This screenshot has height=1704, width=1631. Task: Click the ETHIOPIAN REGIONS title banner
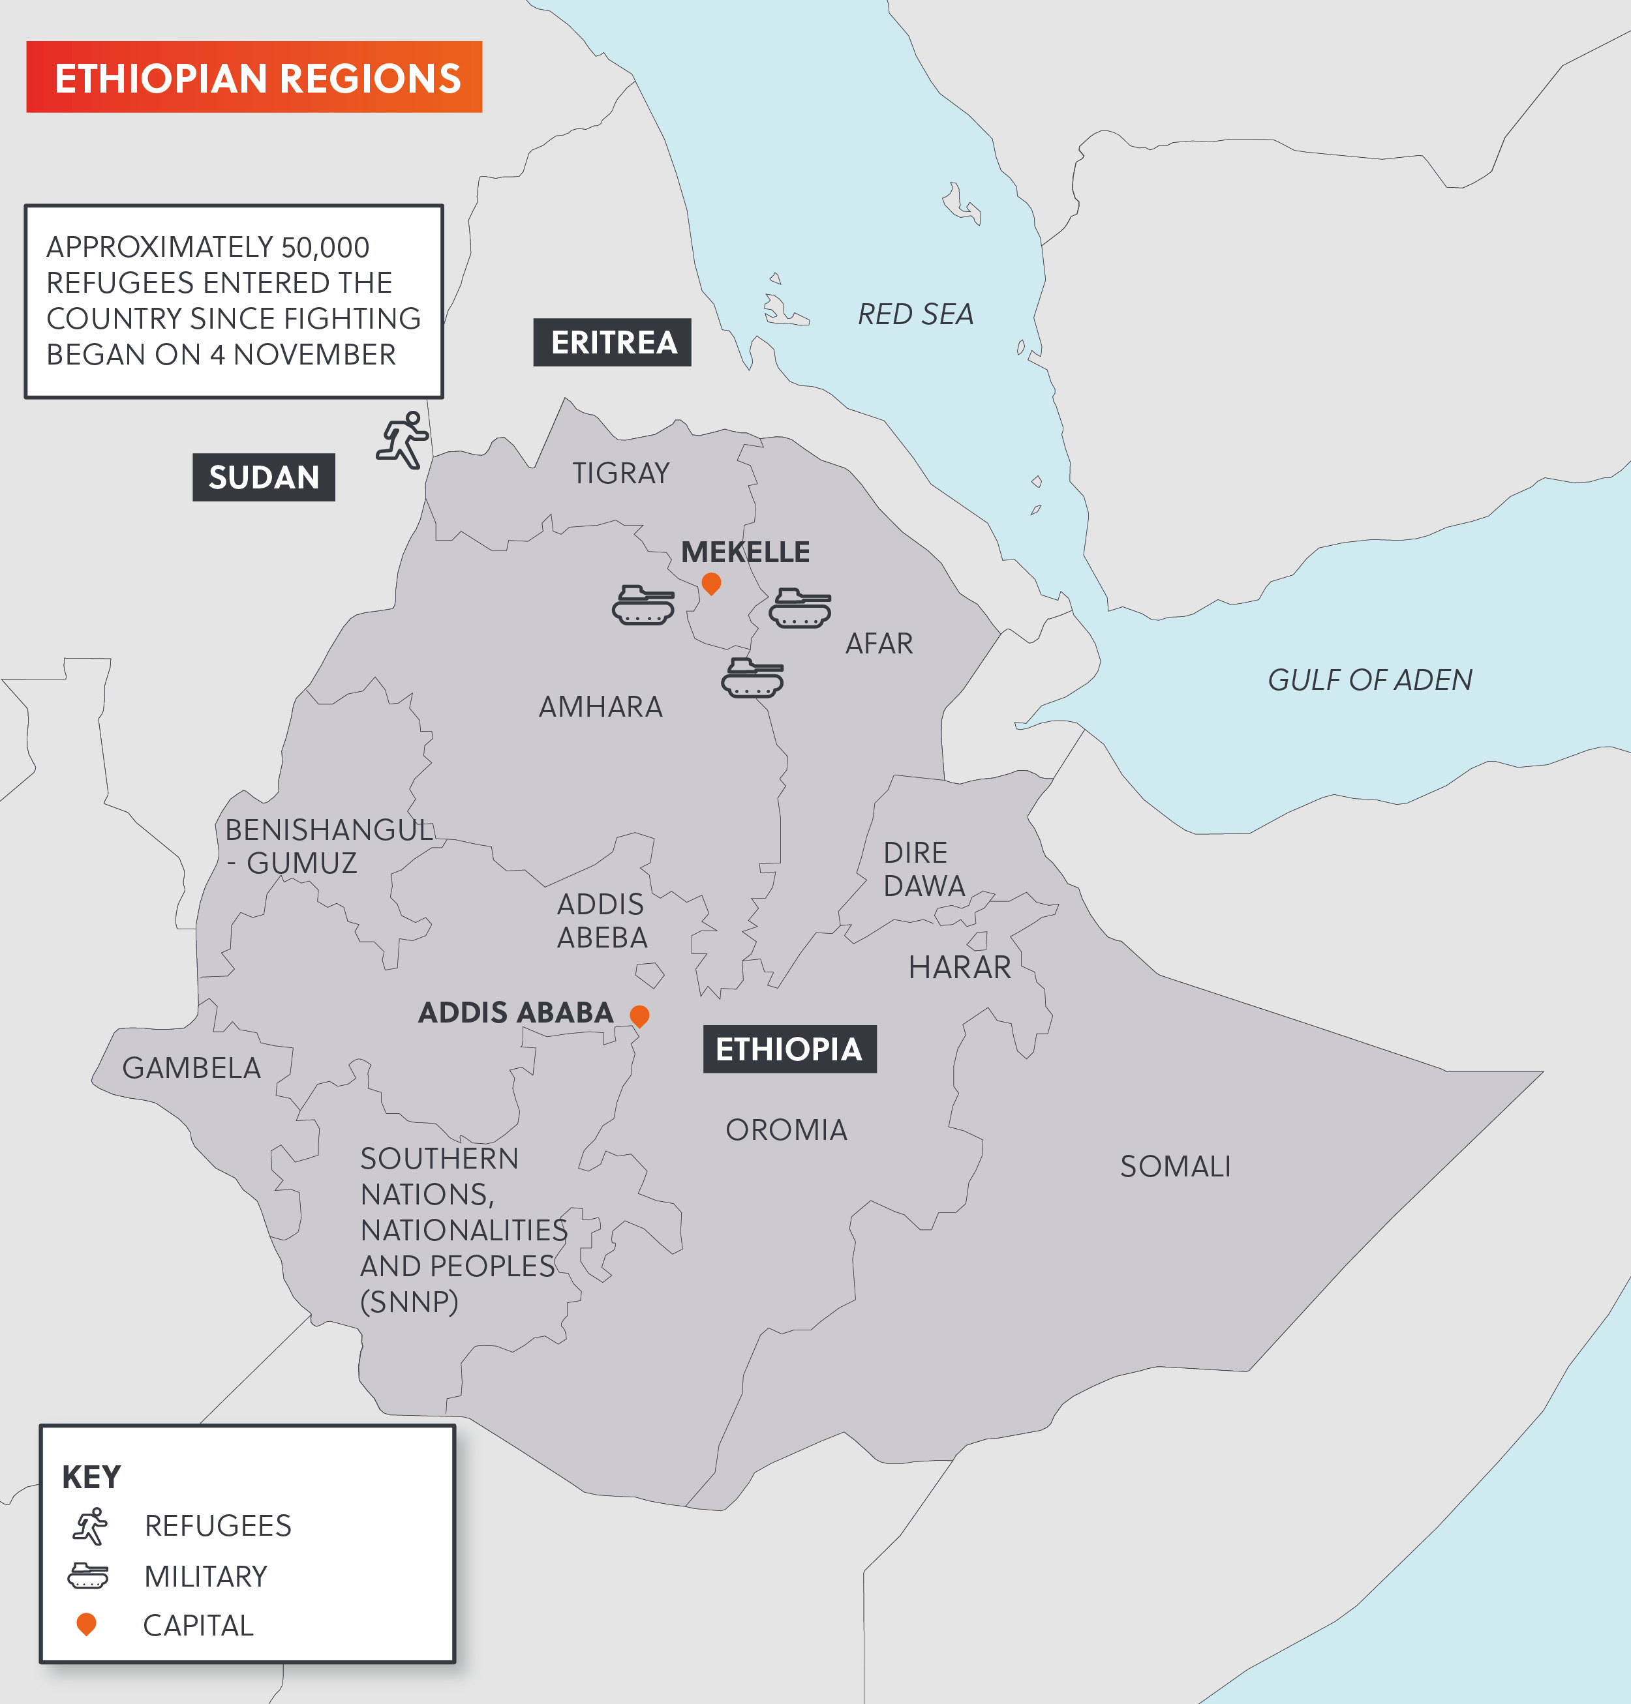point(254,78)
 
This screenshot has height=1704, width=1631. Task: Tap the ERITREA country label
point(612,342)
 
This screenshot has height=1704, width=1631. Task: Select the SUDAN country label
point(264,477)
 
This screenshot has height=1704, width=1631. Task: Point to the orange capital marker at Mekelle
point(711,583)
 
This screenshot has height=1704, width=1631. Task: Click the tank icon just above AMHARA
point(752,677)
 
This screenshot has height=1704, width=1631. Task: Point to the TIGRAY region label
point(620,473)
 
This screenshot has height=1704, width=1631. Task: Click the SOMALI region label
point(1174,1166)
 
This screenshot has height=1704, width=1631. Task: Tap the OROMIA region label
point(786,1129)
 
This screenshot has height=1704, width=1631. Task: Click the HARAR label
point(959,967)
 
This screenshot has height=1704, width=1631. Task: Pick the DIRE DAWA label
point(923,869)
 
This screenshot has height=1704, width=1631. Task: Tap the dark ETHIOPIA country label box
point(789,1049)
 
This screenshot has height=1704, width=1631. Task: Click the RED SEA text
point(915,314)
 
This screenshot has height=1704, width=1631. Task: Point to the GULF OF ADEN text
point(1369,680)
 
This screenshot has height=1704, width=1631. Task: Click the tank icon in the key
point(88,1576)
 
